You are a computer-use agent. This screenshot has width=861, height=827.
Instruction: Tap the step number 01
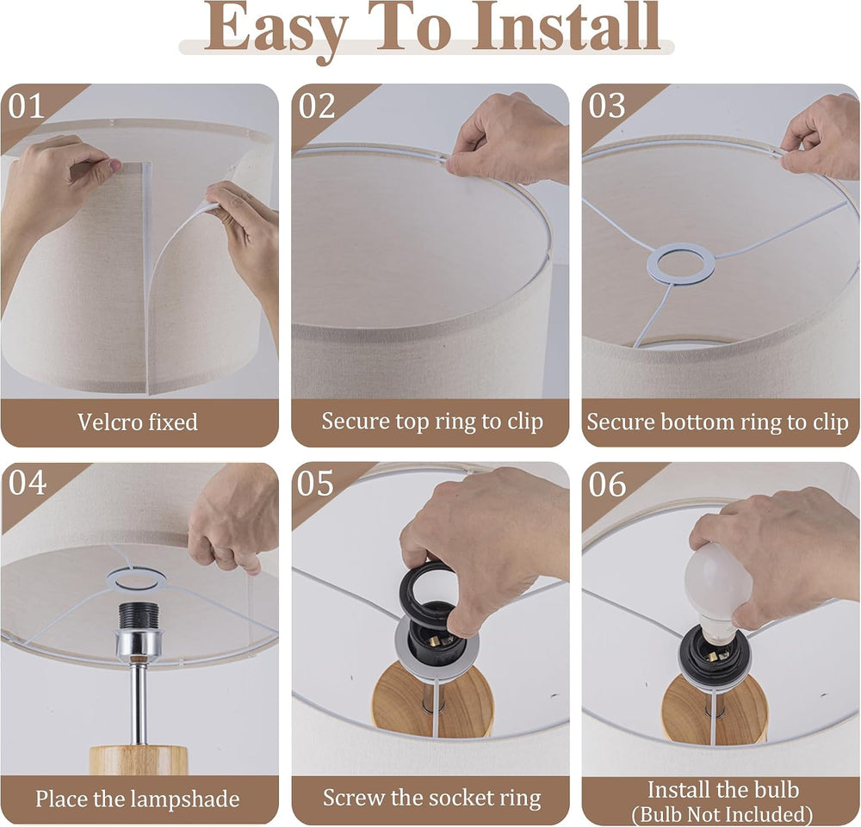click(27, 106)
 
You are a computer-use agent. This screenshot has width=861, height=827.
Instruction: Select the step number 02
click(316, 106)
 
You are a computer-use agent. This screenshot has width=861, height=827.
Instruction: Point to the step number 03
click(607, 106)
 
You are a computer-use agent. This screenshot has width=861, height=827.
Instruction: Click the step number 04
click(27, 483)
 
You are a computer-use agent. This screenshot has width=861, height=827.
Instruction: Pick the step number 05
click(316, 484)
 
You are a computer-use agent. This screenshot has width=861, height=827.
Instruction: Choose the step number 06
click(607, 484)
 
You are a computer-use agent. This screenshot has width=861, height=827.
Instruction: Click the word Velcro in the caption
click(104, 422)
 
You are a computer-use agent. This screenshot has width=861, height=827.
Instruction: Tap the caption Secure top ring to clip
click(432, 422)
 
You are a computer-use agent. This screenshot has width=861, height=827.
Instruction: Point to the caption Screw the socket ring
click(431, 799)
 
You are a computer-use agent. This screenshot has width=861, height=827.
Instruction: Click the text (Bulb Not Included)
click(722, 813)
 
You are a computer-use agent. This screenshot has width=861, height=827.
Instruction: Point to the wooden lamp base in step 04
click(139, 760)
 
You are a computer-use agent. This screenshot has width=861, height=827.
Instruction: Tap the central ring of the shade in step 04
click(136, 579)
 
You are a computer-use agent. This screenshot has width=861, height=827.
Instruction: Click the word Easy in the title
click(276, 30)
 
